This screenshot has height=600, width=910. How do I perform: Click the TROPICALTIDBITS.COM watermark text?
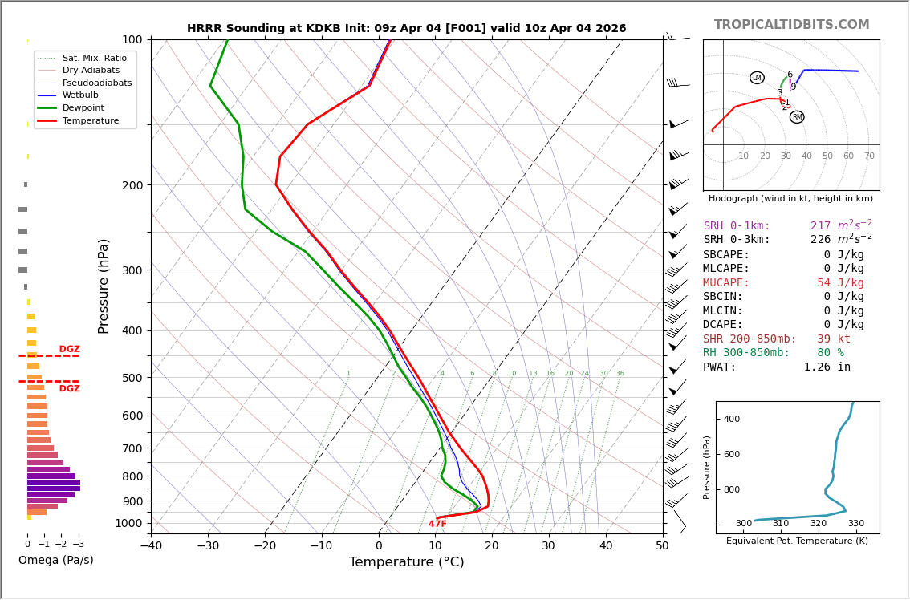tap(791, 25)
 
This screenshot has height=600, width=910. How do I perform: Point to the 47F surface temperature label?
tap(437, 524)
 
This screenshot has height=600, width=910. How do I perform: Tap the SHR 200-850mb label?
tap(750, 339)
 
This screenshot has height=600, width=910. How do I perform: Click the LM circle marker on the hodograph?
tap(757, 78)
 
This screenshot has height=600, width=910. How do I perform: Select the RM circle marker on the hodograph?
tap(797, 117)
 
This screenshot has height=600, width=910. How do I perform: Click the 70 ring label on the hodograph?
tap(869, 156)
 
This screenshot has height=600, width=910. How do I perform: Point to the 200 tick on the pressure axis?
tap(132, 185)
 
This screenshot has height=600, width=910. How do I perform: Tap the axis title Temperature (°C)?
tap(406, 562)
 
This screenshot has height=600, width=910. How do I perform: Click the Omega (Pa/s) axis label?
tap(56, 561)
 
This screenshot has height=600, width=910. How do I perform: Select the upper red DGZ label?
tap(70, 350)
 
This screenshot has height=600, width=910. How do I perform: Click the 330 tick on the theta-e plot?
tap(856, 524)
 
